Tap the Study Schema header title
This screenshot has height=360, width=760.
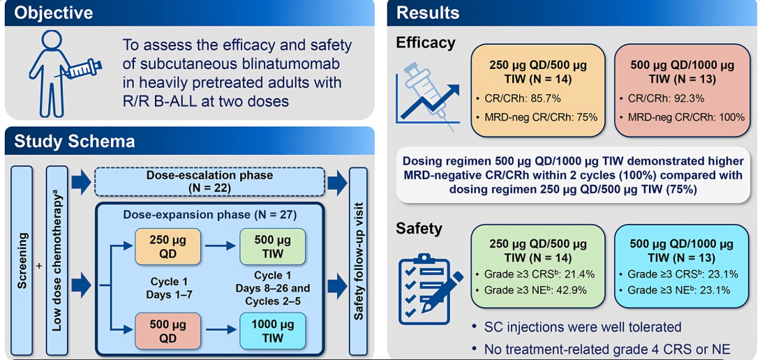pos(75,142)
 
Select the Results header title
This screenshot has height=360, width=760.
pos(428,13)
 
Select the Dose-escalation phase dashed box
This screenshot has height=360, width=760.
pos(210,182)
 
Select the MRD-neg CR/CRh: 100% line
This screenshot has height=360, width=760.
pos(687,117)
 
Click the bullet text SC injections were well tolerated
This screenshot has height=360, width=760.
pos(582,327)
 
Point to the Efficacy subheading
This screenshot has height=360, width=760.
pos(425,43)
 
